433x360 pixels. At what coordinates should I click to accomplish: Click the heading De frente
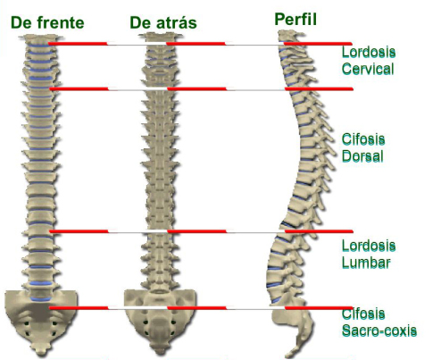coord(47,22)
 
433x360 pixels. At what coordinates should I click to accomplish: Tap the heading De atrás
coord(163,22)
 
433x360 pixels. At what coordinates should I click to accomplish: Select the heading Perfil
coord(296,20)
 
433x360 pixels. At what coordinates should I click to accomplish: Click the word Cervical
coord(368,69)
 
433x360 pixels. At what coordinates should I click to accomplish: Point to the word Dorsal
coord(362,156)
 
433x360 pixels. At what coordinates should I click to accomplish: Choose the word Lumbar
coord(366,263)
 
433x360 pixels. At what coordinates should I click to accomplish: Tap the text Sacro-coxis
coord(379,331)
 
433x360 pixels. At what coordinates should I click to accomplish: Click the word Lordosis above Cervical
coord(369,52)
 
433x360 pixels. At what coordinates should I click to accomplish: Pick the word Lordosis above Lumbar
coord(369,246)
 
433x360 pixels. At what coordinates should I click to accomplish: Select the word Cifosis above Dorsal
coord(363,139)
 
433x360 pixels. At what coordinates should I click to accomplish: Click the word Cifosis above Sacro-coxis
coord(363,314)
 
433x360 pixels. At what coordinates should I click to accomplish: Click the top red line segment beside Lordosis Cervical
coord(318,44)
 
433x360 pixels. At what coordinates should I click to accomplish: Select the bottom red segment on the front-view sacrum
coord(79,307)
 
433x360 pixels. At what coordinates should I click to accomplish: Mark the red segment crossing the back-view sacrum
coord(196,307)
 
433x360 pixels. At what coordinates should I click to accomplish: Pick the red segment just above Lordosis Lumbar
coord(319,231)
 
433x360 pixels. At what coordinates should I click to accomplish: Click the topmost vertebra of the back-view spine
coord(161,38)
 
